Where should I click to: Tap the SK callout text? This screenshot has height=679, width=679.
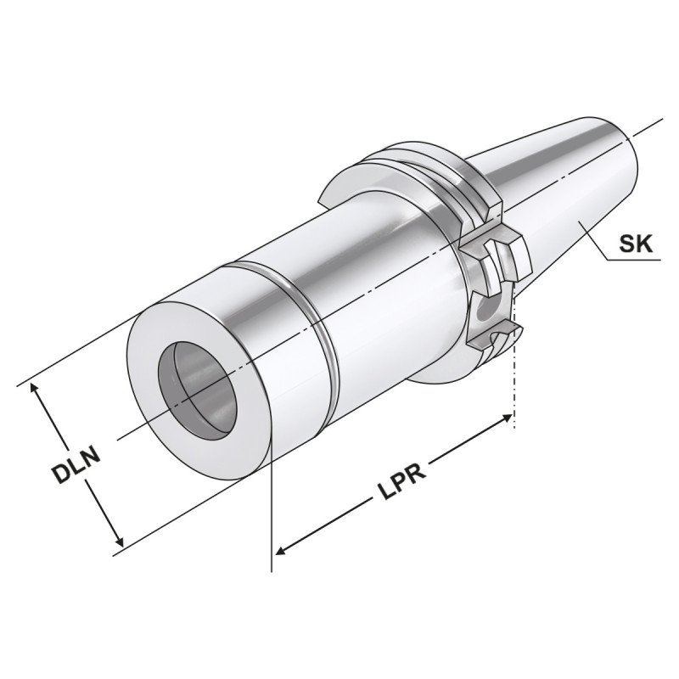point(635,245)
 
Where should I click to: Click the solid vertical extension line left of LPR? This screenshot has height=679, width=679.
point(271,509)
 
